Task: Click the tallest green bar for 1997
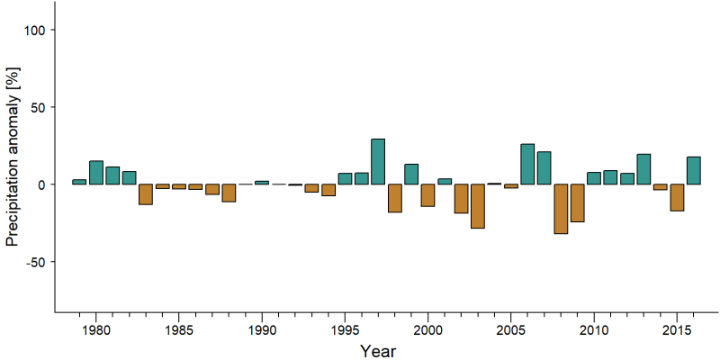[378, 162]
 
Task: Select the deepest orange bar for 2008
[561, 209]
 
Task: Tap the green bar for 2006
[527, 164]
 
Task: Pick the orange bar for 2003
[478, 206]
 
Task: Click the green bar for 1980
[96, 173]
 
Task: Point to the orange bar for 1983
[146, 194]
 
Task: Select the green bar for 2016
[693, 171]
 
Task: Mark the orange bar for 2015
[677, 197]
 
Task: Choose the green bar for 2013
[643, 169]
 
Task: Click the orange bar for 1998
[395, 198]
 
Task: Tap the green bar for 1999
[411, 174]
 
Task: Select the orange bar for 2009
[577, 203]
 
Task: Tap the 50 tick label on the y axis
[40, 107]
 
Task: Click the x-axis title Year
[377, 351]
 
